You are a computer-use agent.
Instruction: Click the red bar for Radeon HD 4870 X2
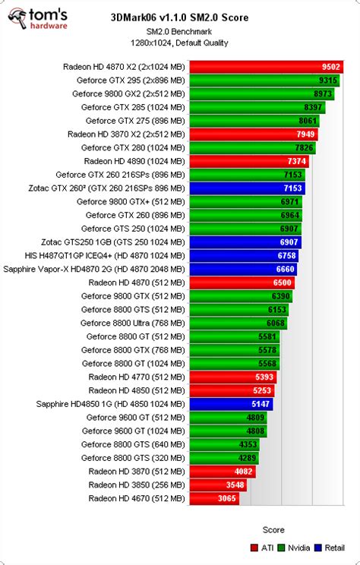click(x=266, y=67)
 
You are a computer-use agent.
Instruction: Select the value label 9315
click(x=328, y=80)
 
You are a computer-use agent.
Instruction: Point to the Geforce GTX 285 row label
click(x=133, y=107)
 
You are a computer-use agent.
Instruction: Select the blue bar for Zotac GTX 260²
click(x=248, y=188)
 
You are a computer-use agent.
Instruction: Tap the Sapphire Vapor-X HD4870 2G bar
click(x=243, y=269)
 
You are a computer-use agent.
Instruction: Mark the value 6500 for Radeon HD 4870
click(x=281, y=282)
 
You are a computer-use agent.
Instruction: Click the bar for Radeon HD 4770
click(x=232, y=377)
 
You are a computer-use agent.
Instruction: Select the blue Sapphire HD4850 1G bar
click(x=231, y=404)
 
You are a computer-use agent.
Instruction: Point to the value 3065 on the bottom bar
click(x=227, y=498)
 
